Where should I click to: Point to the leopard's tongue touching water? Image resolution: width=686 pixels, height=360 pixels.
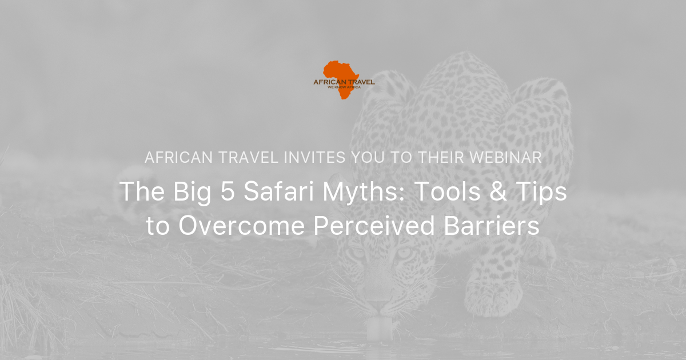[x=377, y=327]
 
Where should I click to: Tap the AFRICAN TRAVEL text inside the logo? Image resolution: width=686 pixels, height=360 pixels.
[x=344, y=82]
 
